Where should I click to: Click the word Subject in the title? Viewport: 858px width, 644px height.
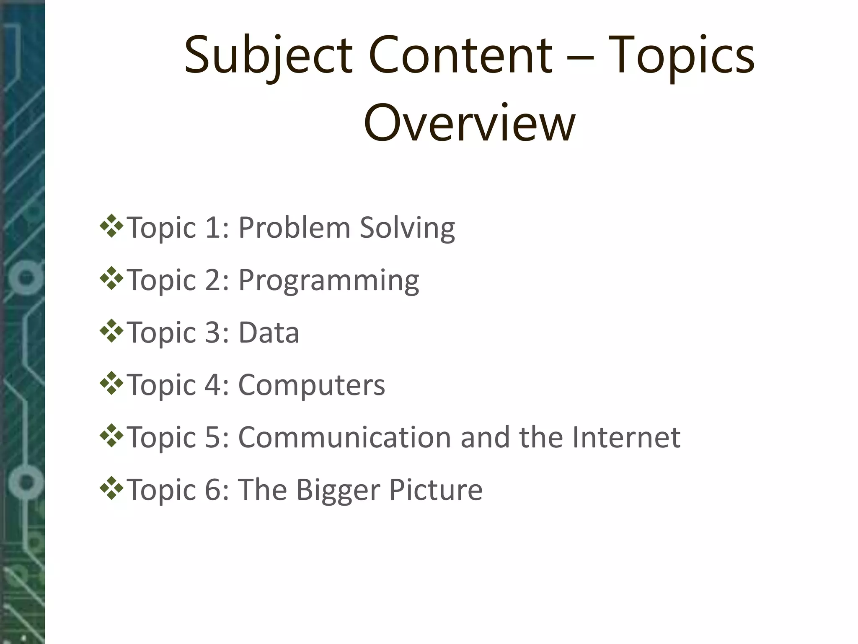pyautogui.click(x=268, y=57)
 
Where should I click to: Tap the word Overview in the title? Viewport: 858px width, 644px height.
pyautogui.click(x=470, y=123)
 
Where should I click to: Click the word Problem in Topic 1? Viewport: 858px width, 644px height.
pyautogui.click(x=294, y=228)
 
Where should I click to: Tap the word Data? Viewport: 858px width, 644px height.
pyautogui.click(x=269, y=333)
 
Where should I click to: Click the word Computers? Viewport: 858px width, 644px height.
pyautogui.click(x=311, y=385)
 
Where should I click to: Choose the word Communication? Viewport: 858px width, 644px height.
pyautogui.click(x=345, y=437)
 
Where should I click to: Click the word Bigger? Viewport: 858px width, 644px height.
pyautogui.click(x=339, y=490)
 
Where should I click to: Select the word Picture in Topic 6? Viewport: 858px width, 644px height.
pyautogui.click(x=436, y=490)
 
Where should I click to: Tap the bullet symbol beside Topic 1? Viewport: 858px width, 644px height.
pyautogui.click(x=111, y=226)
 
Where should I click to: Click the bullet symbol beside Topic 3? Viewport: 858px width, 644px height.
pyautogui.click(x=111, y=331)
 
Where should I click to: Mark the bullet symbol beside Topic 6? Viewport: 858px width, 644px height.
pyautogui.click(x=111, y=488)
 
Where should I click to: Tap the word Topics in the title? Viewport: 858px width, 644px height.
pyautogui.click(x=681, y=57)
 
